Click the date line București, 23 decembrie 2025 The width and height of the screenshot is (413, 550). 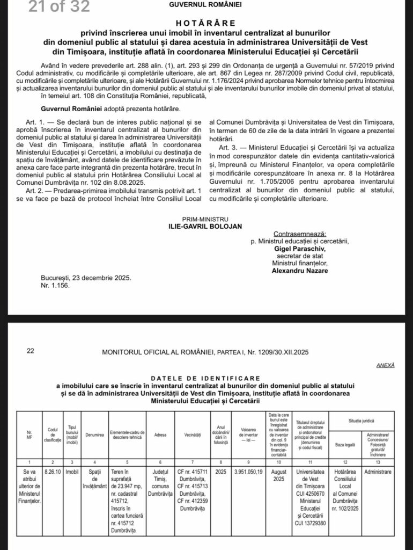tap(86, 278)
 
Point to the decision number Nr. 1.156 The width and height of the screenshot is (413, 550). tap(55, 285)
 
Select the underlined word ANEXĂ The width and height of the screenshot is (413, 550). tap(386, 365)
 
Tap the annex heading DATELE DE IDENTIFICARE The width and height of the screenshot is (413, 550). tap(206, 378)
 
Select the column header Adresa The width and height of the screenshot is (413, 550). tap(160, 435)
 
